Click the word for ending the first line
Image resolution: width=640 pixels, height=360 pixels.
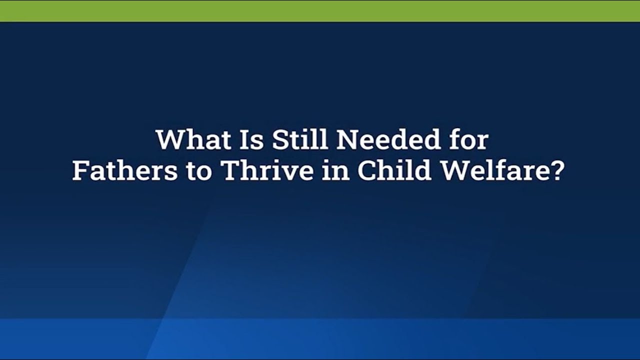pyautogui.click(x=468, y=140)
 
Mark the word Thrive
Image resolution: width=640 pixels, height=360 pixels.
pyautogui.click(x=260, y=171)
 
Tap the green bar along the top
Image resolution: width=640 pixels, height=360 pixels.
pyautogui.click(x=320, y=10)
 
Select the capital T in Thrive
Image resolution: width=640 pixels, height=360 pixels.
pyautogui.click(x=230, y=171)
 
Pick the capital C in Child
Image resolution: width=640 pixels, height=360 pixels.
pyautogui.click(x=367, y=171)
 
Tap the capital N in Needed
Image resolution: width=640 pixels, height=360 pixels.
pyautogui.click(x=348, y=140)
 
